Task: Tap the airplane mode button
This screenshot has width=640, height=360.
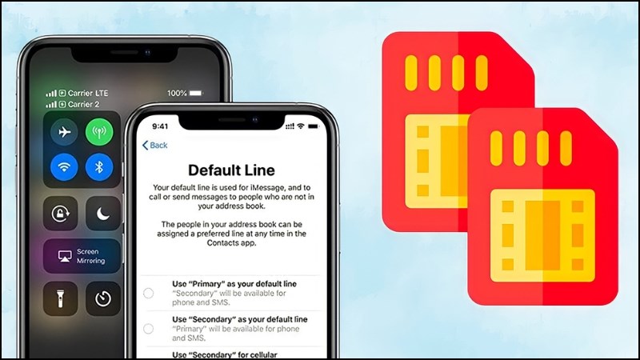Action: [64, 131]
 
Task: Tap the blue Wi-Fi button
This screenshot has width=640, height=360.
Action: [64, 167]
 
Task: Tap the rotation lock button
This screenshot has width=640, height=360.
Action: [61, 214]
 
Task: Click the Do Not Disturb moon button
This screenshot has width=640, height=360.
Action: [102, 214]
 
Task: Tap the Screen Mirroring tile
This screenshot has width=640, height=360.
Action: [82, 256]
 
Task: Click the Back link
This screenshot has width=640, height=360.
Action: [155, 145]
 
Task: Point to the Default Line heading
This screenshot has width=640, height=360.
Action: [230, 170]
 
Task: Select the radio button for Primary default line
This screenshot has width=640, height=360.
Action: [149, 294]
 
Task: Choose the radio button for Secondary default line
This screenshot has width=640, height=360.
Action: [149, 329]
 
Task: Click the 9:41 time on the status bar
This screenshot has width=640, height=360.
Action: [161, 126]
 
